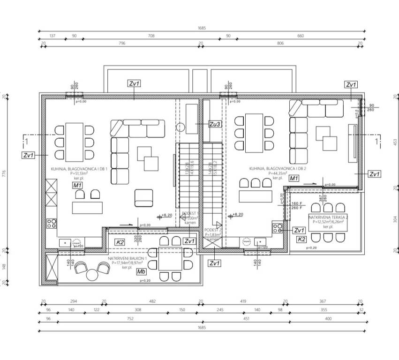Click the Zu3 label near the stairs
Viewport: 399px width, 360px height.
pos(215,124)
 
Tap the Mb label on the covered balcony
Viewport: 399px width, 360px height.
pos(141,271)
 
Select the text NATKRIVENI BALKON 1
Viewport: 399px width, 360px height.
pos(127,258)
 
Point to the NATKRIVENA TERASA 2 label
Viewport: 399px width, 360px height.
pos(325,217)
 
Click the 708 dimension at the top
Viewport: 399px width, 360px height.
pos(151,36)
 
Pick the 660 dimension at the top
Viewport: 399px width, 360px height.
pos(301,36)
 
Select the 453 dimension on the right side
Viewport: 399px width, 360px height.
pos(394,142)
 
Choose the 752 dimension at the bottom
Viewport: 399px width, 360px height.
pos(130,319)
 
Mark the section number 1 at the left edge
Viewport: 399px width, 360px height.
pos(27,141)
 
